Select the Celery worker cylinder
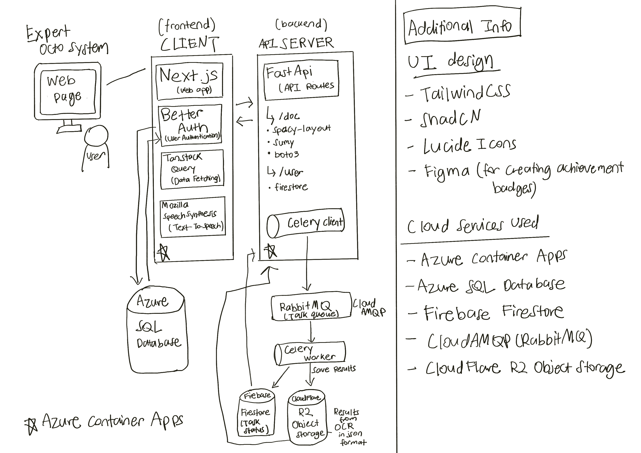click(x=310, y=353)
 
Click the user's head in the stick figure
click(x=96, y=135)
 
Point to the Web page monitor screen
click(x=68, y=92)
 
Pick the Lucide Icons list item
click(x=469, y=146)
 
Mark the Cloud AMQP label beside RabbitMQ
click(x=369, y=307)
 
